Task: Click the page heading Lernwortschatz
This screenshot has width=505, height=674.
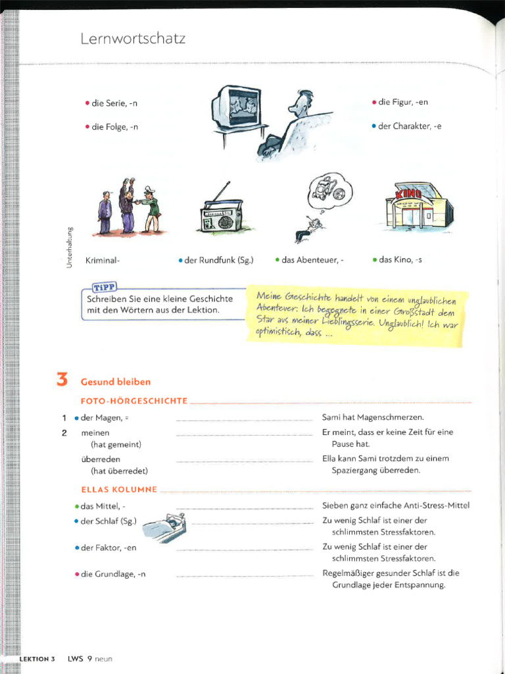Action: [x=133, y=39]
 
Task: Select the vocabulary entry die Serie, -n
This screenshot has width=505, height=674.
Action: [x=114, y=103]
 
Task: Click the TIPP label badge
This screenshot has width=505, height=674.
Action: [x=103, y=287]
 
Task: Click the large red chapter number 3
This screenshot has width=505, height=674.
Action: [x=62, y=380]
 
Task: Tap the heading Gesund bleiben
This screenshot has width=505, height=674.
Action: [x=116, y=382]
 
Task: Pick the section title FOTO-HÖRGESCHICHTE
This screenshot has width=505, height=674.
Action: [x=134, y=401]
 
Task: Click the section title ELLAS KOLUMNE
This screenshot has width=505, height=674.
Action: [x=119, y=490]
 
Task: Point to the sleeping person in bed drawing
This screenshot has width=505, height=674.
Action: [x=164, y=527]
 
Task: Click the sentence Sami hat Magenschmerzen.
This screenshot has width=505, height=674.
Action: [x=373, y=417]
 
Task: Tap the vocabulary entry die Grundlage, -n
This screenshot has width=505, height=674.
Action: [x=112, y=574]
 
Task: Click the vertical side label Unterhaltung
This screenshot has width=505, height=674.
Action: [x=68, y=246]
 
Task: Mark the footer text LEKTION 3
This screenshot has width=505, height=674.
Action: [x=37, y=659]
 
